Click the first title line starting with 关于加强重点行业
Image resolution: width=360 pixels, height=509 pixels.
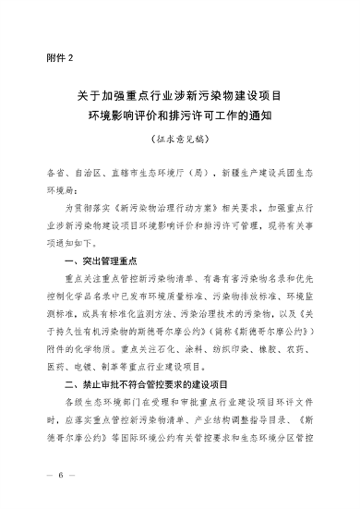179,97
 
